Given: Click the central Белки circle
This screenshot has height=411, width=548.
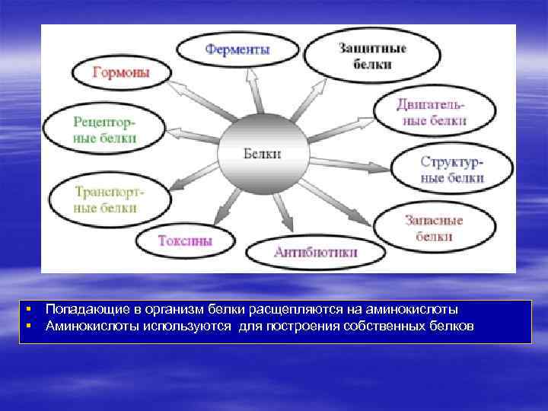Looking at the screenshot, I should (x=263, y=153).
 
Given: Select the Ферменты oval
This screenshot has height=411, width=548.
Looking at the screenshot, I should (x=237, y=50).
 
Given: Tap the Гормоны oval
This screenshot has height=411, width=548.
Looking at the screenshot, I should (x=121, y=72).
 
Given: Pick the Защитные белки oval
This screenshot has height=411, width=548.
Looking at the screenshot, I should (x=372, y=56).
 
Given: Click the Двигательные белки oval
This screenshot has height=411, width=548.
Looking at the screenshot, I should (x=431, y=111).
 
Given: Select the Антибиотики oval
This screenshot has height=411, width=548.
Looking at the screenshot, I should (x=315, y=252).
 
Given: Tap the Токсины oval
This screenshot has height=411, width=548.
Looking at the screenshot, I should (x=185, y=241).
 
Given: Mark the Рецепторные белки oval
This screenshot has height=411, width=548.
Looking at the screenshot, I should (x=104, y=129).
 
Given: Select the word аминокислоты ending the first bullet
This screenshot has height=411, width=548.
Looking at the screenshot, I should (x=420, y=310).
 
